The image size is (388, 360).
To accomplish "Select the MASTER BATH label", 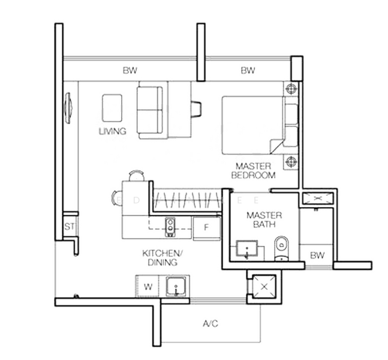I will (261, 220).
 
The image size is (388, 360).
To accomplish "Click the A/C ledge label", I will (210, 324).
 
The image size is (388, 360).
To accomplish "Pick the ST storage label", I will (69, 227).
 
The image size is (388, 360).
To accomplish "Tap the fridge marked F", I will (206, 228).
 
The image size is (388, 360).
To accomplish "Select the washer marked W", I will (148, 287).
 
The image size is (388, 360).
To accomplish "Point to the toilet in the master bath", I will (281, 247).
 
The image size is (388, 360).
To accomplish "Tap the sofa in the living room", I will (150, 111).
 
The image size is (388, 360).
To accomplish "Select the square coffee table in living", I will (112, 107).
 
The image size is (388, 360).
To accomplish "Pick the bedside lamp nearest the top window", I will (291, 89).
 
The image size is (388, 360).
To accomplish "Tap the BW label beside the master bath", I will (317, 256).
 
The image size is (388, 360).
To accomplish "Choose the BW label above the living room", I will (130, 71).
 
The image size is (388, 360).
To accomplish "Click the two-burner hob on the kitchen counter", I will (170, 226).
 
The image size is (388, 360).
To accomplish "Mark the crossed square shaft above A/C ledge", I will (263, 287).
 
